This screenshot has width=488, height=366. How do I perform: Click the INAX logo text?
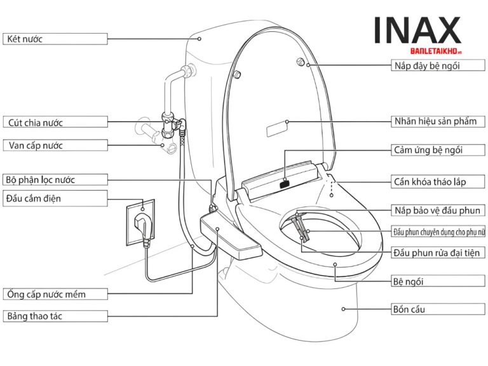pyautogui.click(x=417, y=30)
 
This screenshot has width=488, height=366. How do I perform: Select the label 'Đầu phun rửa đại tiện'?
pyautogui.click(x=438, y=253)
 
